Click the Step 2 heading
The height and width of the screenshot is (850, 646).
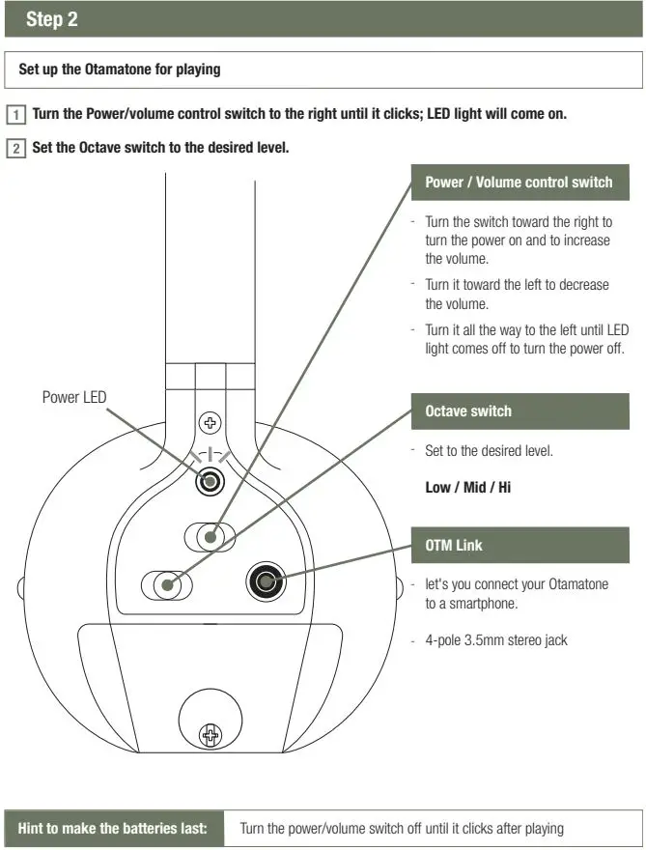tap(52, 19)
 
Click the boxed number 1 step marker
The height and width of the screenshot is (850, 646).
tap(16, 114)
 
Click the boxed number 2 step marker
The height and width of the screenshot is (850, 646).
tap(16, 149)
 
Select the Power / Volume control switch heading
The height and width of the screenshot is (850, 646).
tap(519, 182)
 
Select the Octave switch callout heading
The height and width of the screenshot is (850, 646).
tap(468, 411)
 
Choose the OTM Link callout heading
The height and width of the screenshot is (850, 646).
tap(454, 545)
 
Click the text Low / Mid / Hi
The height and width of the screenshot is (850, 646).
tap(468, 487)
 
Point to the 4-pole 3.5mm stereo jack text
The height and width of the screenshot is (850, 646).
tap(496, 639)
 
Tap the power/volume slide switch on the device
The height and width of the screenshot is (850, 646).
tap(211, 534)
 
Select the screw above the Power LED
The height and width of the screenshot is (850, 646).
tap(210, 423)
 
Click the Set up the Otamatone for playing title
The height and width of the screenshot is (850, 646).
tap(120, 70)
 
